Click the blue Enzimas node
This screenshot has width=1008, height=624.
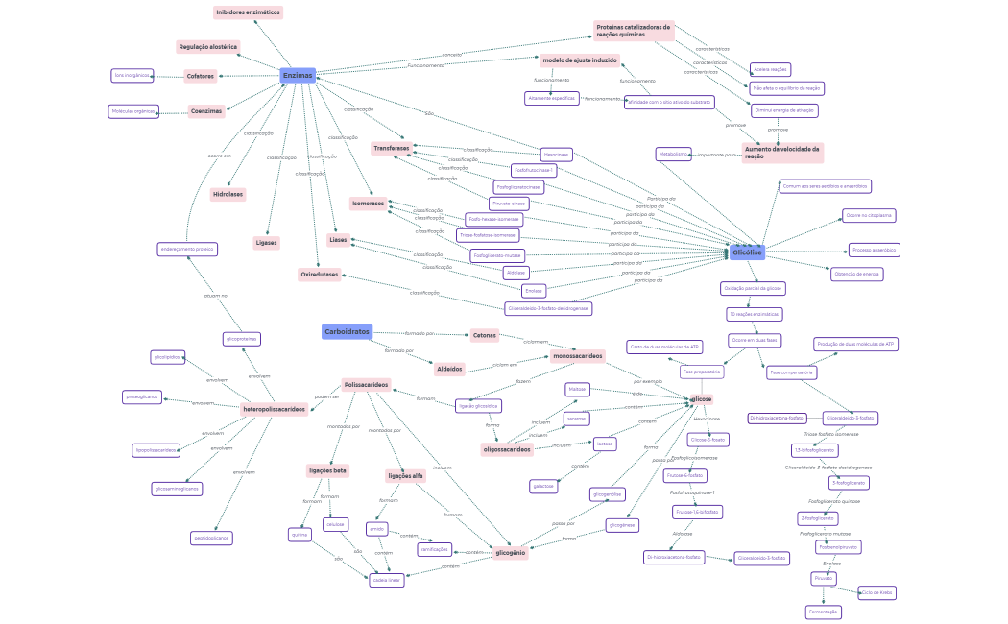[298, 75]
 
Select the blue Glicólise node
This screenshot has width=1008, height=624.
[747, 252]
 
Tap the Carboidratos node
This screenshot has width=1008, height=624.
[347, 331]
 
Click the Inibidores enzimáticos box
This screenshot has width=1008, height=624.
[248, 12]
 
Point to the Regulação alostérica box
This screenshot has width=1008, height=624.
[207, 46]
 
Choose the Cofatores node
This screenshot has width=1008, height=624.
[201, 76]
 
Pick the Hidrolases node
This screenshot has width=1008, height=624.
[228, 194]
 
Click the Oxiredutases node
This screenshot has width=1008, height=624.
[320, 275]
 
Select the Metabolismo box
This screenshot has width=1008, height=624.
[673, 154]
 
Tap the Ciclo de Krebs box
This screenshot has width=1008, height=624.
[876, 592]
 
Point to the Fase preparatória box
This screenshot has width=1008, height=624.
[701, 371]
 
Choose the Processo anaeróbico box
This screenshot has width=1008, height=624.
[874, 250]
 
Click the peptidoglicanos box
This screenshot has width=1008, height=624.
[210, 538]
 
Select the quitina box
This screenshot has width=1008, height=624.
[300, 534]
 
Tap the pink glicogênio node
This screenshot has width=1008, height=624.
[511, 553]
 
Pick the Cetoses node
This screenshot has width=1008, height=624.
[485, 335]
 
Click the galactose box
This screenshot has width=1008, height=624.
[543, 486]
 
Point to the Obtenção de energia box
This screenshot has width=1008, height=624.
[857, 274]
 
